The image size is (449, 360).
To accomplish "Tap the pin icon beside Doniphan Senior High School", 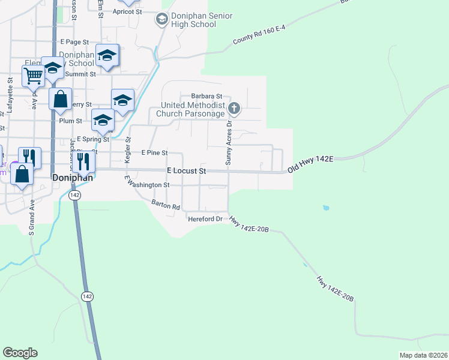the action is pos(161,20).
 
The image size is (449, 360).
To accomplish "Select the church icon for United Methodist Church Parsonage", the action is pos(234,109).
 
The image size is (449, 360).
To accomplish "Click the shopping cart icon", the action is pos(33,76).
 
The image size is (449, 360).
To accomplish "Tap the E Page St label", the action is pos(74,43).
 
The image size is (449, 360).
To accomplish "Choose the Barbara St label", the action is pos(206,96).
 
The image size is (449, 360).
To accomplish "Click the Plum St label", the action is pos(70,121).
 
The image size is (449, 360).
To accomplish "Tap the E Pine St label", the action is pos(154,153).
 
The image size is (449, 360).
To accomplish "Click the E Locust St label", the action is pos(186,171).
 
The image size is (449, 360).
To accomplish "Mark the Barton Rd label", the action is pos(166,205).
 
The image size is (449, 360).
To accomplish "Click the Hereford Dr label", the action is pos(205,219).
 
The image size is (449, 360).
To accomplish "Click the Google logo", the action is pos(20,353).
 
